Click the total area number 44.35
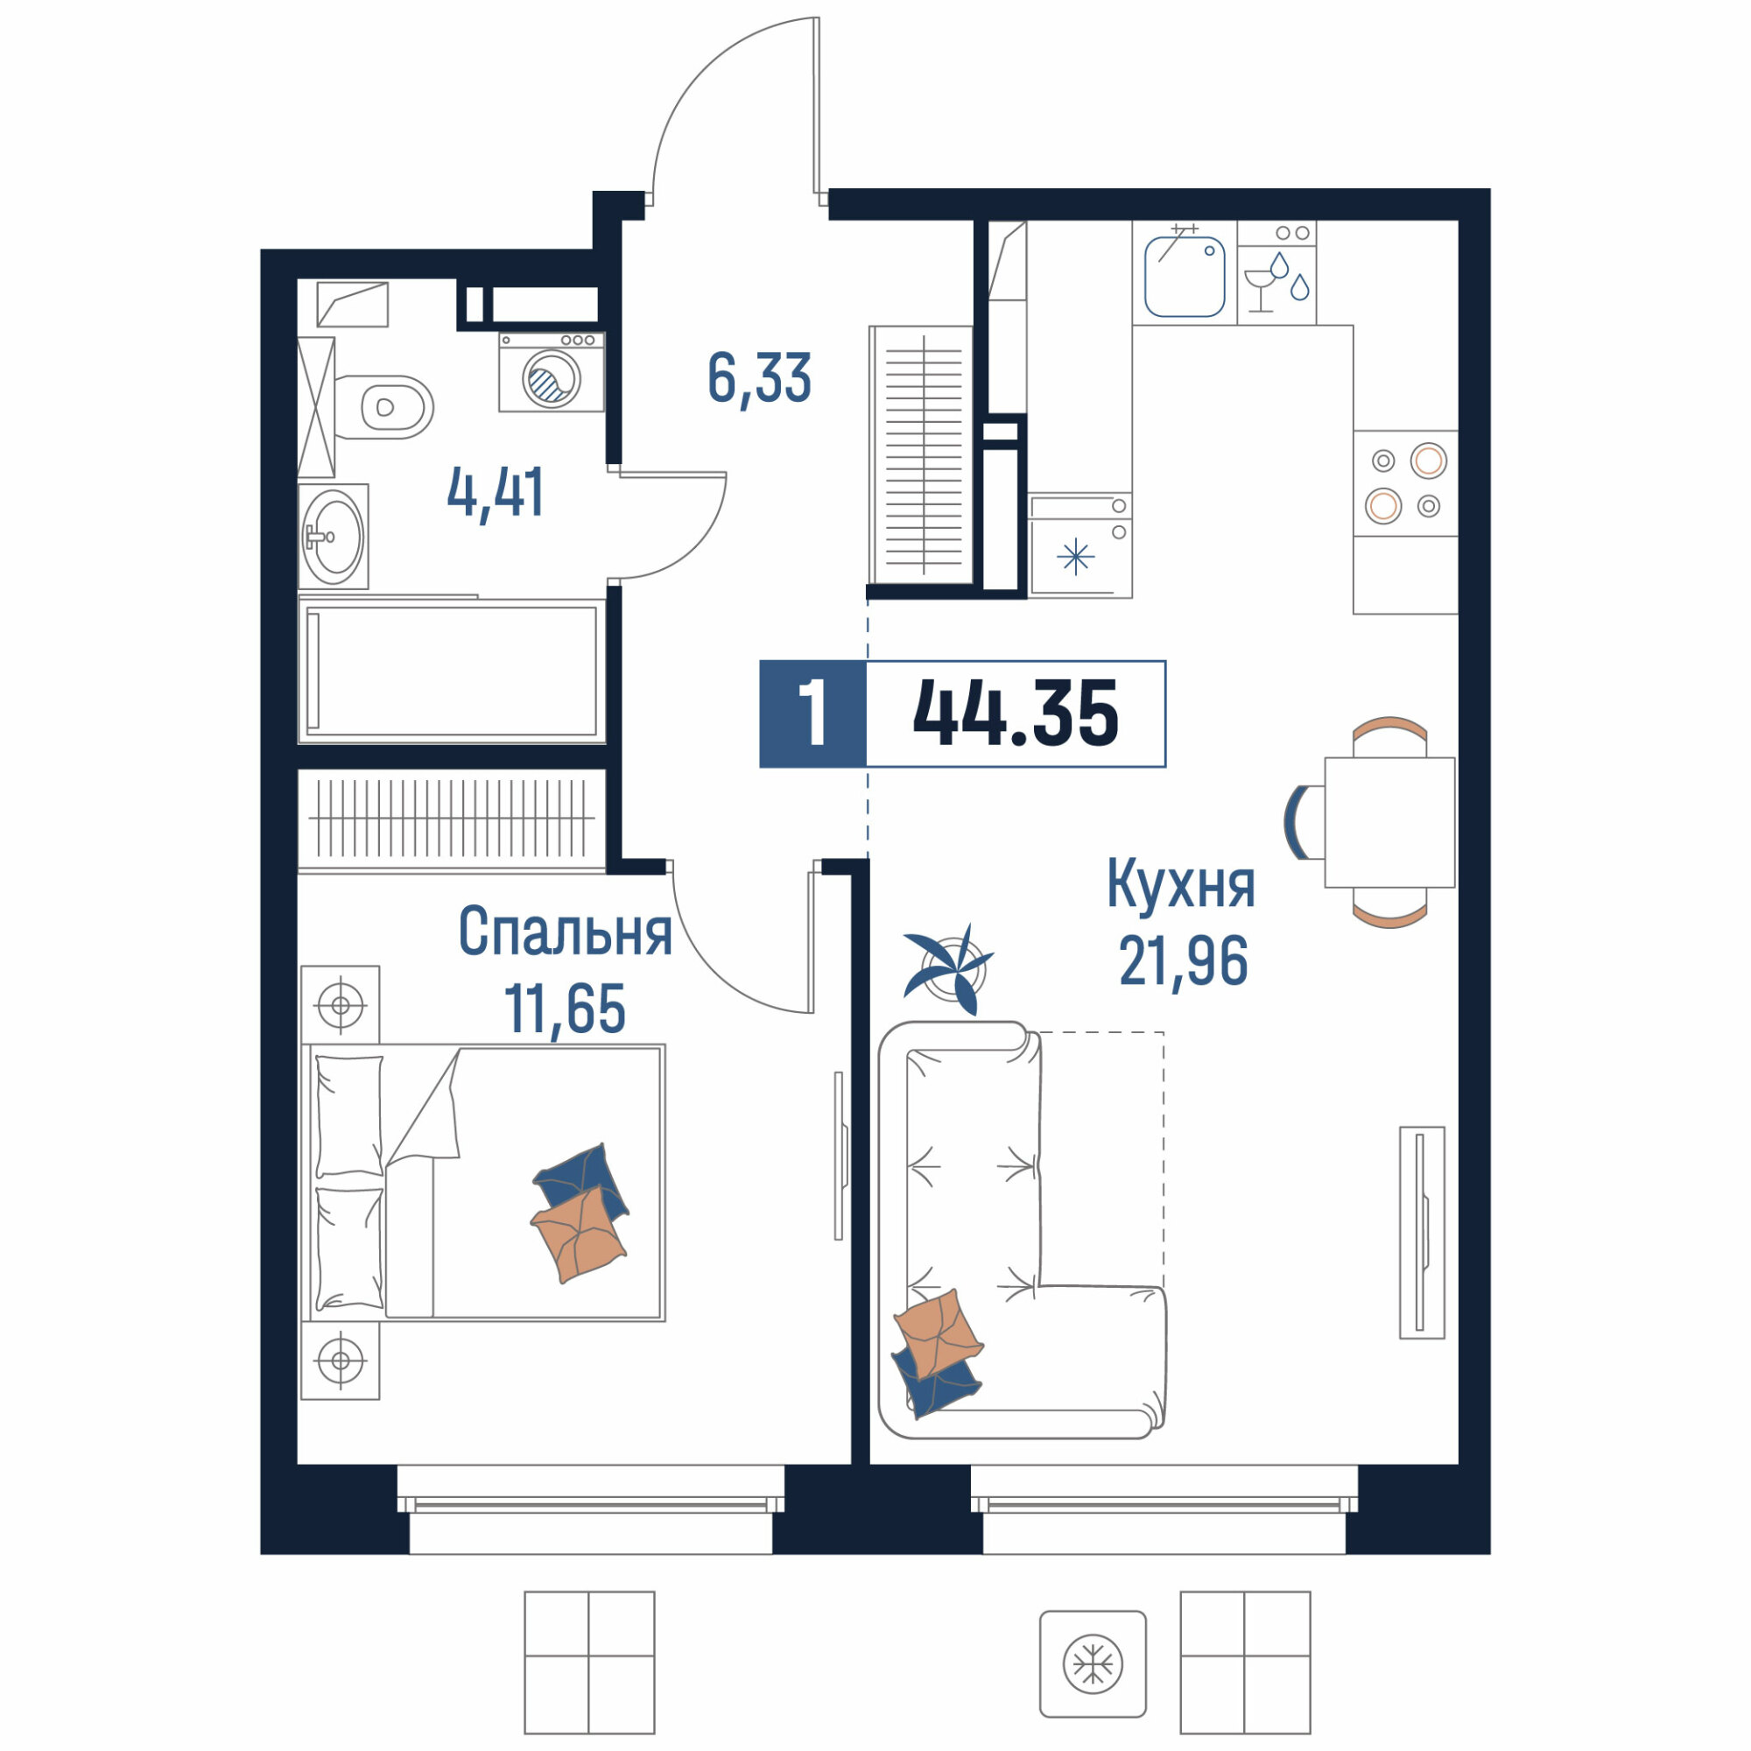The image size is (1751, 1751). [1015, 714]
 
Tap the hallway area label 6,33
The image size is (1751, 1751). [758, 379]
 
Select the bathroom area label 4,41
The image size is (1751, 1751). [496, 493]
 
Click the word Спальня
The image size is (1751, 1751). [565, 931]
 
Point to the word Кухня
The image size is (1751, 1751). [1181, 884]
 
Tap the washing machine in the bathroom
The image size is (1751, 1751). [551, 371]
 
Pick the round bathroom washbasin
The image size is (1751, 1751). [334, 537]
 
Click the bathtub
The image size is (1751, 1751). [452, 671]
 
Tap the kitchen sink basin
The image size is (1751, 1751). [1185, 276]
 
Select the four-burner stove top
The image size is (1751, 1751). [1406, 483]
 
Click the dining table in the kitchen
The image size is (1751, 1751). [1389, 822]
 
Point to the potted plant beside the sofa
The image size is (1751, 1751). [948, 970]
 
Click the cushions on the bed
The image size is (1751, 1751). [580, 1213]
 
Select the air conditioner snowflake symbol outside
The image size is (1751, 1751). [1093, 1664]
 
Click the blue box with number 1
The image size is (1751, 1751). [813, 714]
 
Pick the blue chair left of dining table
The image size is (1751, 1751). [1293, 822]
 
